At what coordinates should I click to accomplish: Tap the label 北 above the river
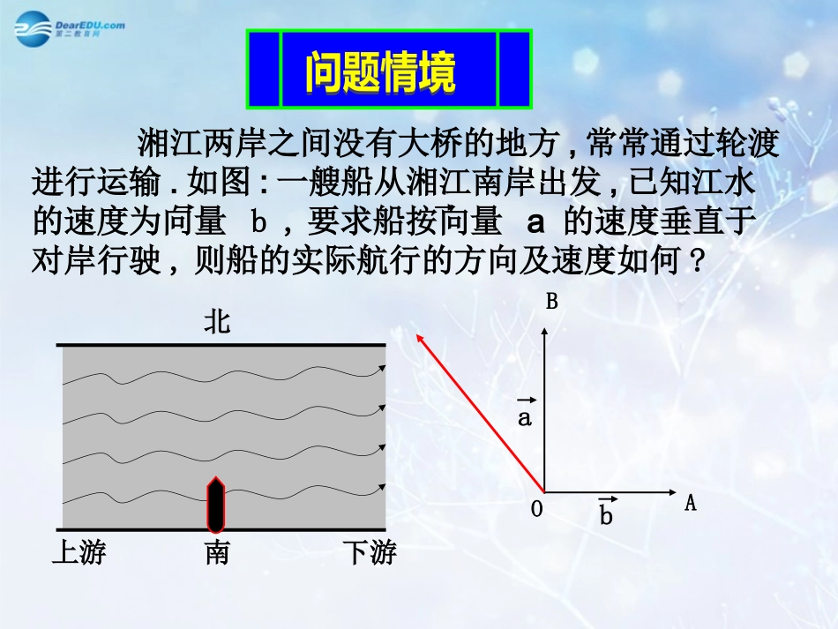[x=217, y=323]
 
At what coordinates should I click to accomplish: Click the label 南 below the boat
[x=217, y=553]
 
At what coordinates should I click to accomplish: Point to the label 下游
[x=370, y=553]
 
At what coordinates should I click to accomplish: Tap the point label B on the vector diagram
[x=552, y=303]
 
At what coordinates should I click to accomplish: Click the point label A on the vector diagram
[x=691, y=504]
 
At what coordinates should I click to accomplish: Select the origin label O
[x=536, y=509]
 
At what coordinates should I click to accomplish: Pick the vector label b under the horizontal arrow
[x=606, y=513]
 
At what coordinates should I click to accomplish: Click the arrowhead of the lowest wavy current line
[x=382, y=487]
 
